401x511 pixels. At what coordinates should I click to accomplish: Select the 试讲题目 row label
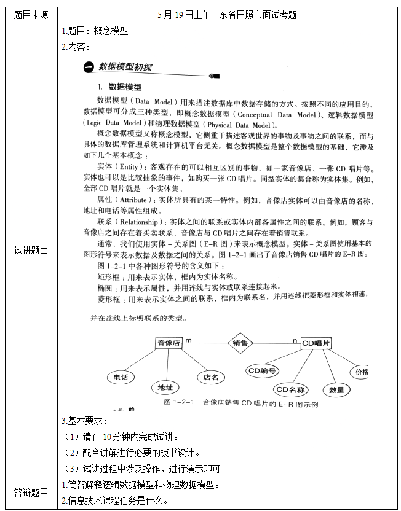[30, 249]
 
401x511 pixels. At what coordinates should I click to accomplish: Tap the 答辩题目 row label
[30, 493]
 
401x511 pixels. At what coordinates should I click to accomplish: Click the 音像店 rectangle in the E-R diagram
[169, 343]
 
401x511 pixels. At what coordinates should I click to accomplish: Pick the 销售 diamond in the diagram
[240, 343]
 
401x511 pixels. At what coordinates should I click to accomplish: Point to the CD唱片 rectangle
[316, 343]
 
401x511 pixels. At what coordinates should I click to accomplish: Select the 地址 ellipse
[165, 388]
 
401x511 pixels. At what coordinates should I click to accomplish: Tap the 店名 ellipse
[210, 377]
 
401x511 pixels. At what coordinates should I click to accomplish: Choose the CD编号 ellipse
[262, 371]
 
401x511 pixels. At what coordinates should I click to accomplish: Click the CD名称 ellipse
[290, 389]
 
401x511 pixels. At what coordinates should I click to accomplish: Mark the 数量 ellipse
[336, 389]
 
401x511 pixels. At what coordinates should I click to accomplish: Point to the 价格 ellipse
[360, 372]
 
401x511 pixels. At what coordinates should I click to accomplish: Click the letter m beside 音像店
[188, 339]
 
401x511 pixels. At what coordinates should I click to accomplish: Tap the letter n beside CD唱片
[295, 340]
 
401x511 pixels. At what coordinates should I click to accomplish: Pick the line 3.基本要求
[84, 421]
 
